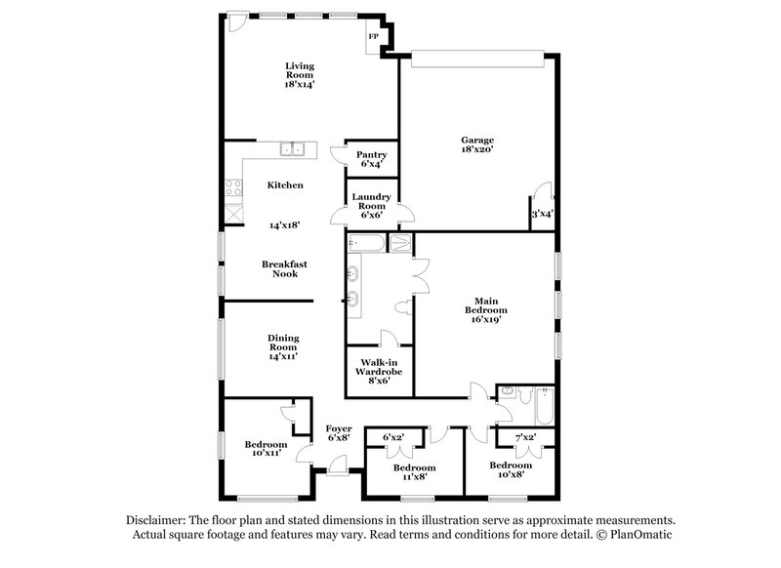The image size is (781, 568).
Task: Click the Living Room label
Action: click(x=300, y=75)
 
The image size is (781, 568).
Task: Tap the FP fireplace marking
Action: click(x=373, y=37)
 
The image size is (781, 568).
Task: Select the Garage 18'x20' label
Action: click(x=478, y=144)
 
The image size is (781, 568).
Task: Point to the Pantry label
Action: click(x=372, y=159)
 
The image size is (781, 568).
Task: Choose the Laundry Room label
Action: click(x=372, y=205)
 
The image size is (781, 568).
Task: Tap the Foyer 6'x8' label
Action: click(x=339, y=432)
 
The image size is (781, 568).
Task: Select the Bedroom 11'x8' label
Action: click(x=414, y=472)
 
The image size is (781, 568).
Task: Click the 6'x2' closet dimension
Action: click(x=393, y=436)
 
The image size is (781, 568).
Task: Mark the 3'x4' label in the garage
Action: click(x=543, y=214)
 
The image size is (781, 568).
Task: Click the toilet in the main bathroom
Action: click(x=402, y=308)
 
